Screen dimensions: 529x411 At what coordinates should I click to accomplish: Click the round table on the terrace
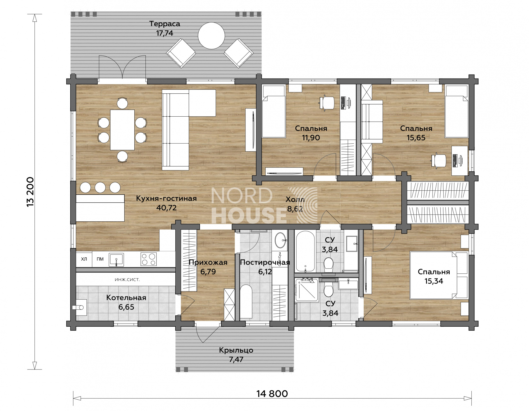point(211,36)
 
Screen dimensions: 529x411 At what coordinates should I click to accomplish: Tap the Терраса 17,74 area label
point(165,28)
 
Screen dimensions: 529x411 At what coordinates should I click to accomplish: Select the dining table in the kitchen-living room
point(122,130)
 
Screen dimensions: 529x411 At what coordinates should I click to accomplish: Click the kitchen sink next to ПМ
point(116,259)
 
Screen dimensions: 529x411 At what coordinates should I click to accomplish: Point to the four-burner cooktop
point(149,259)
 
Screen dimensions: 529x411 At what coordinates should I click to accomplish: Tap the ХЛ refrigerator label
point(84,259)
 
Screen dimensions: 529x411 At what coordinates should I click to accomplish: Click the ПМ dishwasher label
point(100,259)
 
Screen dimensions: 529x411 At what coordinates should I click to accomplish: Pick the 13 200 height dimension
point(30,191)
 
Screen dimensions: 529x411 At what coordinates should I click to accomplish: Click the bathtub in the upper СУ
point(305,251)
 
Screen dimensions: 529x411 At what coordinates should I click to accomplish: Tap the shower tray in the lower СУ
point(307,290)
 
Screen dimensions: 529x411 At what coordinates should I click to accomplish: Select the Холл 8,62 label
point(295,204)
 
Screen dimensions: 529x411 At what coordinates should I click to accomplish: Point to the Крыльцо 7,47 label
point(236,355)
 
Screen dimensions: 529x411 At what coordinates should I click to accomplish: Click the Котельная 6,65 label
point(126,302)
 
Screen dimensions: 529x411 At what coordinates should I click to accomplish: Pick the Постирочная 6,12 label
point(265,267)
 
